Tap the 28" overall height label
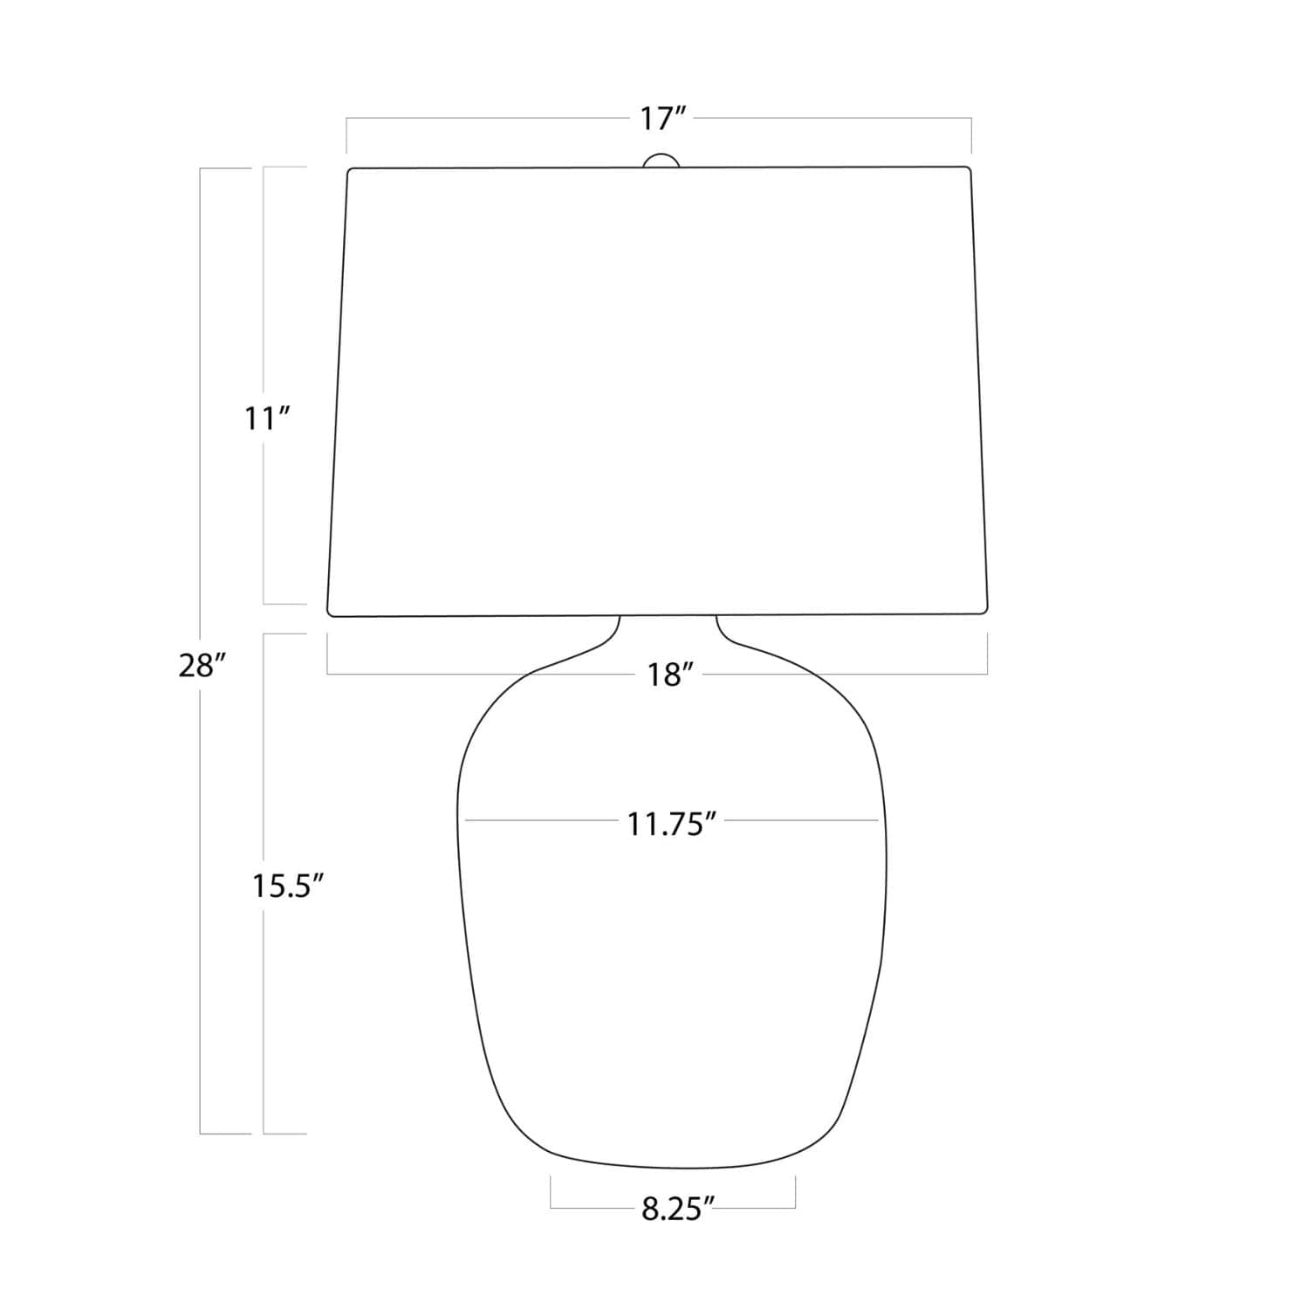(202, 666)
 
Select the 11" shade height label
(266, 420)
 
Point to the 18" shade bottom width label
(670, 675)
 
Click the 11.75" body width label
(672, 824)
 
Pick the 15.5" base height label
(288, 887)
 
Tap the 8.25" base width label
(678, 1210)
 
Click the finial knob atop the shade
(661, 161)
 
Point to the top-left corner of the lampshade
(348, 169)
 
